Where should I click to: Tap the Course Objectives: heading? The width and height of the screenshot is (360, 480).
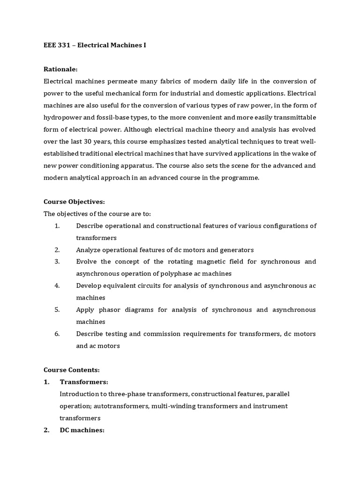point(74,202)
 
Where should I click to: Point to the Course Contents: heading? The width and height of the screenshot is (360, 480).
point(71,370)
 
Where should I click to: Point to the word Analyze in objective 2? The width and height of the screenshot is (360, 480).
point(89,250)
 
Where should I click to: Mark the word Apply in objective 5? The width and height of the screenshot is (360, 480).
point(85,310)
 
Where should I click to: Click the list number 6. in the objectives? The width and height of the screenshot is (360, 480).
point(57,334)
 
